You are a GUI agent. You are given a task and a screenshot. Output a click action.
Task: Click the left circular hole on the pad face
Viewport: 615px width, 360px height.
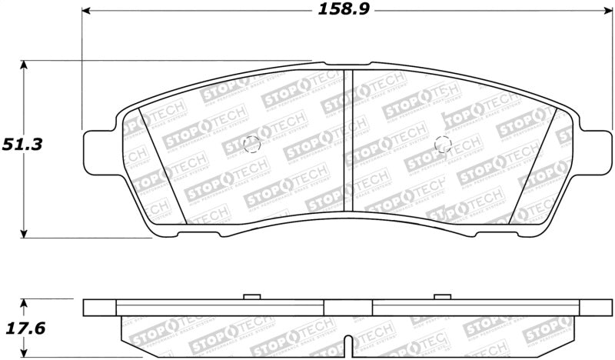251,144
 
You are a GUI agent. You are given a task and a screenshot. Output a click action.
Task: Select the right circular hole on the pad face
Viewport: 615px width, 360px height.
442,144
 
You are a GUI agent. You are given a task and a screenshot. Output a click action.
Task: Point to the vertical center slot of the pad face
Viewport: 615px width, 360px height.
347,138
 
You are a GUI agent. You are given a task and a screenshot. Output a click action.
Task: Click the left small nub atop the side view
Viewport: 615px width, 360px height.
251,296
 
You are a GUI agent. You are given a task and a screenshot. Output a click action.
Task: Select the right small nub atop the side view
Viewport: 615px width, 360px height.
441,296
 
